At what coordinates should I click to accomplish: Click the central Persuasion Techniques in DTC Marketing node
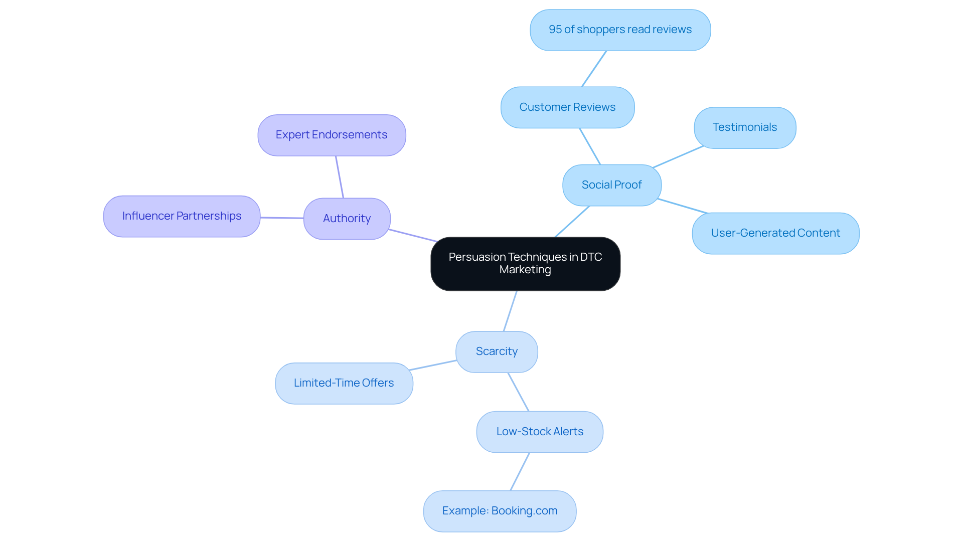525,264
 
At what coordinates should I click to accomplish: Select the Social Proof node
611,185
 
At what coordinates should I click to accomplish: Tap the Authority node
347,219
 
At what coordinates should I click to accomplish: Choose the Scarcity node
497,351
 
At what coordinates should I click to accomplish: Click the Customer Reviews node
567,107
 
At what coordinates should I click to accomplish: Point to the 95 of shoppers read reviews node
620,30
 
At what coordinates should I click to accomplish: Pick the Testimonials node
745,127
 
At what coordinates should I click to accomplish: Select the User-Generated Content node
775,233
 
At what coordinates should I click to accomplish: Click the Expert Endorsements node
332,135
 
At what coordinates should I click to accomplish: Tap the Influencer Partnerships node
182,216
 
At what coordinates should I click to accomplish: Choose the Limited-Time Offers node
344,383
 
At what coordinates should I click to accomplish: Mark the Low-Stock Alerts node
540,432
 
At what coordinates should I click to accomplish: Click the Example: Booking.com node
500,511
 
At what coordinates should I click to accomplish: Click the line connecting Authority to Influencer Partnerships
282,218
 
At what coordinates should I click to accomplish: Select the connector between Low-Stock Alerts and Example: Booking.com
520,471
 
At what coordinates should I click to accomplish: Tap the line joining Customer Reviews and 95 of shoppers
594,69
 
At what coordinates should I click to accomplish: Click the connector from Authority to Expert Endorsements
340,177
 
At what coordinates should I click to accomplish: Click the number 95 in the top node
555,30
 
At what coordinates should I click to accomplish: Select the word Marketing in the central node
525,270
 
